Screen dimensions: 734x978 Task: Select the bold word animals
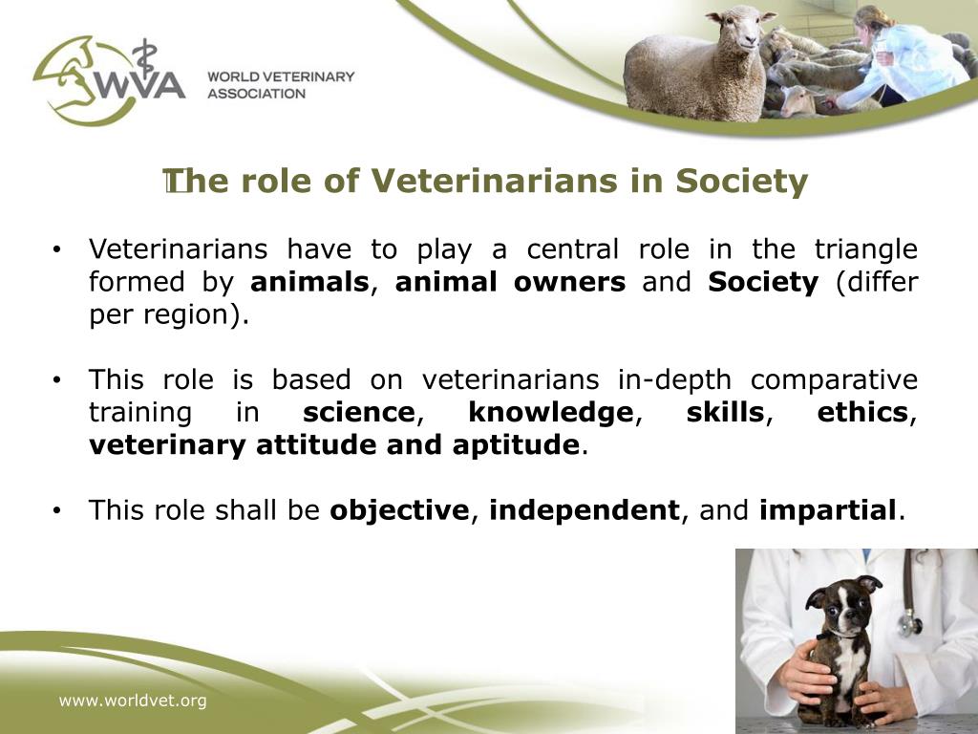(x=309, y=283)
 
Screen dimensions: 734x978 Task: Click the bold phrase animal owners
(x=510, y=283)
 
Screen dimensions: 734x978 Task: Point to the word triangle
(x=865, y=250)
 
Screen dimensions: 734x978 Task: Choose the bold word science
(x=359, y=413)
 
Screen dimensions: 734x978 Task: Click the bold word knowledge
(x=550, y=413)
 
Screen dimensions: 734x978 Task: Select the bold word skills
(x=725, y=413)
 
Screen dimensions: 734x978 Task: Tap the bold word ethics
(x=862, y=413)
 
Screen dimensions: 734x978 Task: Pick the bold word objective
(x=398, y=510)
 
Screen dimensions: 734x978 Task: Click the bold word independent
(x=584, y=510)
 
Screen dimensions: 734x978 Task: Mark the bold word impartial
(x=828, y=510)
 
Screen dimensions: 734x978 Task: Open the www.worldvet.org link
(x=133, y=702)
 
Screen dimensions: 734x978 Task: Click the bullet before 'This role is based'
(x=58, y=381)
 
